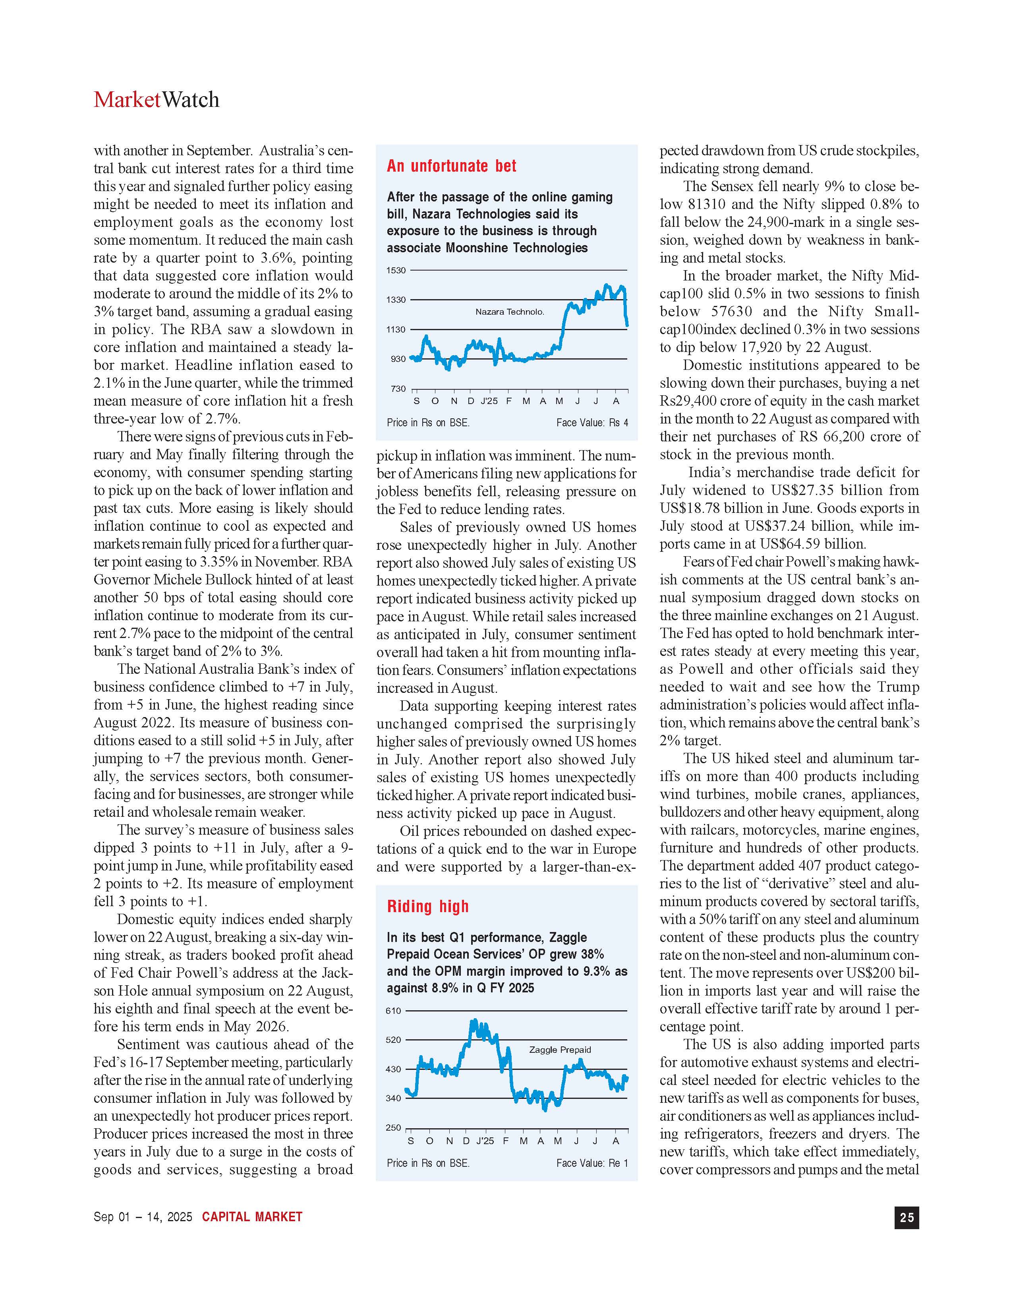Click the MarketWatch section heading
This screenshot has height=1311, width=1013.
[x=156, y=100]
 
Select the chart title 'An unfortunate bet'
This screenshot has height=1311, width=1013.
[x=451, y=166]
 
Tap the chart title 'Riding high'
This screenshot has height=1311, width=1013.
[x=427, y=907]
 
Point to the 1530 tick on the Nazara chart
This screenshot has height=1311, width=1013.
[x=396, y=271]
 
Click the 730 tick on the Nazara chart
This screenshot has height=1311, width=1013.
[x=398, y=389]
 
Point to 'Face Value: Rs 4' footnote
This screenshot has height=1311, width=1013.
[x=592, y=423]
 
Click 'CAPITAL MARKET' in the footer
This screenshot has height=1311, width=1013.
[x=252, y=1217]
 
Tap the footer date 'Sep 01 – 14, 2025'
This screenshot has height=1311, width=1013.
[x=143, y=1217]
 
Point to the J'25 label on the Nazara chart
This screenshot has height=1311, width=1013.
[x=489, y=401]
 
